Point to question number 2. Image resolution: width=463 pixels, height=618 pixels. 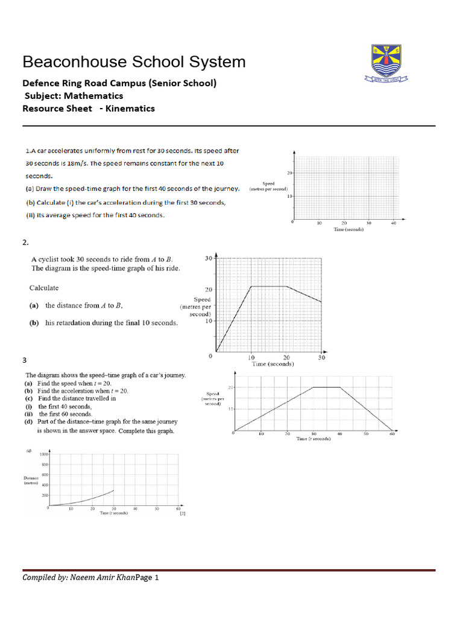(25, 242)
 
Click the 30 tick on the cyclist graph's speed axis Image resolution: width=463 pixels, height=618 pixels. (209, 259)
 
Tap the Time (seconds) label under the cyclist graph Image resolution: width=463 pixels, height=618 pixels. (272, 364)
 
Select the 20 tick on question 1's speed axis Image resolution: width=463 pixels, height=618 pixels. (289, 173)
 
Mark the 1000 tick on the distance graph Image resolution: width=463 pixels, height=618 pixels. (44, 453)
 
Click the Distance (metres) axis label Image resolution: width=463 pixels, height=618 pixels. (31, 481)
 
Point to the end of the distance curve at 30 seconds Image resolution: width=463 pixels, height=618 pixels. (113, 490)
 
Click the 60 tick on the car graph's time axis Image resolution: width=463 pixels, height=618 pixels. (392, 434)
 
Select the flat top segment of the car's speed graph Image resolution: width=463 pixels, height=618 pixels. (327, 387)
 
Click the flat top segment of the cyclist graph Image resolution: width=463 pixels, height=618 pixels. (268, 287)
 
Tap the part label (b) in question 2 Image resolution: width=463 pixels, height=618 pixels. (34, 323)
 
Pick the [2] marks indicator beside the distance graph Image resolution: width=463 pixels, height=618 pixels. (181, 514)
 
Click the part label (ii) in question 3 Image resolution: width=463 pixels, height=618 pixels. (28, 414)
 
